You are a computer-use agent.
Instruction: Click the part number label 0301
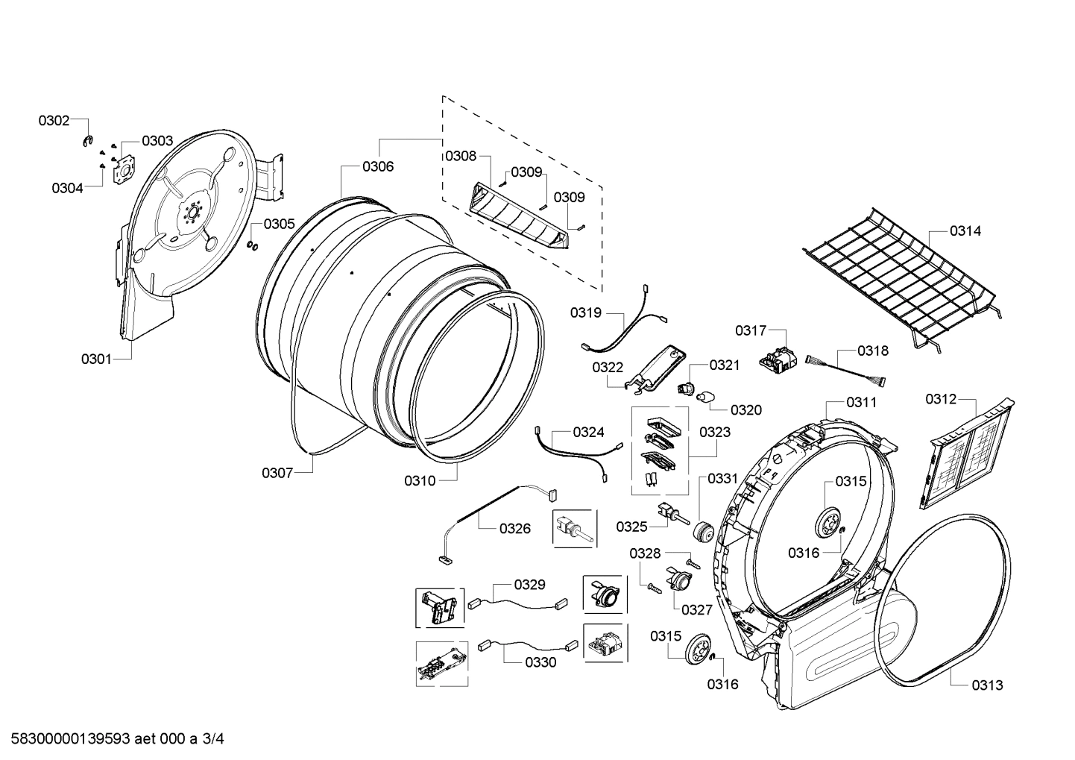[96, 359]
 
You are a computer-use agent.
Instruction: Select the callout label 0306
[378, 167]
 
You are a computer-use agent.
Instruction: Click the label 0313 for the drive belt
[987, 685]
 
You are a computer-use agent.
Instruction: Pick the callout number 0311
[861, 403]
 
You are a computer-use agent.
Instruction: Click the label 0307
[277, 473]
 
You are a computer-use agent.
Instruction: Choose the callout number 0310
[420, 481]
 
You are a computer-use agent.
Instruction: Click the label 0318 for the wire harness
[872, 351]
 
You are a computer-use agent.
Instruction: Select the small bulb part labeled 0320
[704, 395]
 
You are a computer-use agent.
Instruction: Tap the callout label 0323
[714, 433]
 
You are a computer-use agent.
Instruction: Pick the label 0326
[515, 529]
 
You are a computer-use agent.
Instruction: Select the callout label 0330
[540, 662]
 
